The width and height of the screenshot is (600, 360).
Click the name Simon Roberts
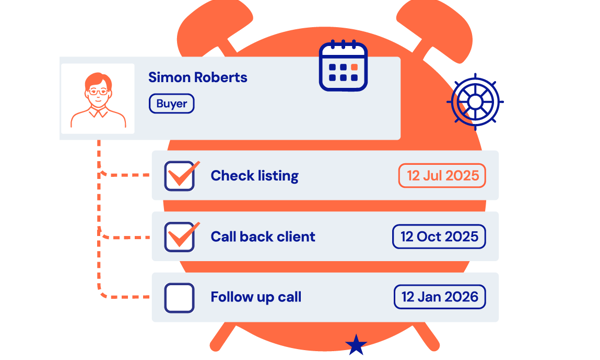tap(198, 77)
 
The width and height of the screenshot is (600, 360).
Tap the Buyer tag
tap(172, 103)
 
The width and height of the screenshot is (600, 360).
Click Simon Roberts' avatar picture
tap(98, 99)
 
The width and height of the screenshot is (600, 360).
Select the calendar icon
tap(343, 66)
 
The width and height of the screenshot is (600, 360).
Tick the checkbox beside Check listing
tap(180, 176)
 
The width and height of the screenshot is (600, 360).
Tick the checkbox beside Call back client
tap(180, 237)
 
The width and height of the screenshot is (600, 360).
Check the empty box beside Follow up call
tap(179, 297)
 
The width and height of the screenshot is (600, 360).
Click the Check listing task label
tap(254, 176)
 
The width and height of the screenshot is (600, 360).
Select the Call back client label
tap(262, 237)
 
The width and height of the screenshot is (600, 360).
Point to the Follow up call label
tap(255, 297)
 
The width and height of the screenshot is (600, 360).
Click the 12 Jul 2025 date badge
tap(442, 176)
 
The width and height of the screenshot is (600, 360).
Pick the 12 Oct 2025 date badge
tap(439, 237)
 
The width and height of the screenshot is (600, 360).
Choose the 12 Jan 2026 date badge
tap(439, 297)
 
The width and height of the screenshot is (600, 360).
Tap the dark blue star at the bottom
tap(356, 345)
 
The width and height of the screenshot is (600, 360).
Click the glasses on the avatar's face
tap(98, 90)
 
